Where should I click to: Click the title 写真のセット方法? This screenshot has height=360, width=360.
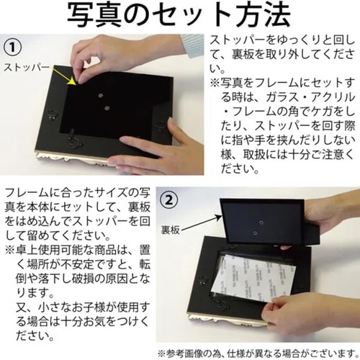pos(180,15)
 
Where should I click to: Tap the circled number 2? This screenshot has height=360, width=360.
pos(168,197)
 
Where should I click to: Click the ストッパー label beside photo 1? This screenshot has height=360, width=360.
pos(25,67)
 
